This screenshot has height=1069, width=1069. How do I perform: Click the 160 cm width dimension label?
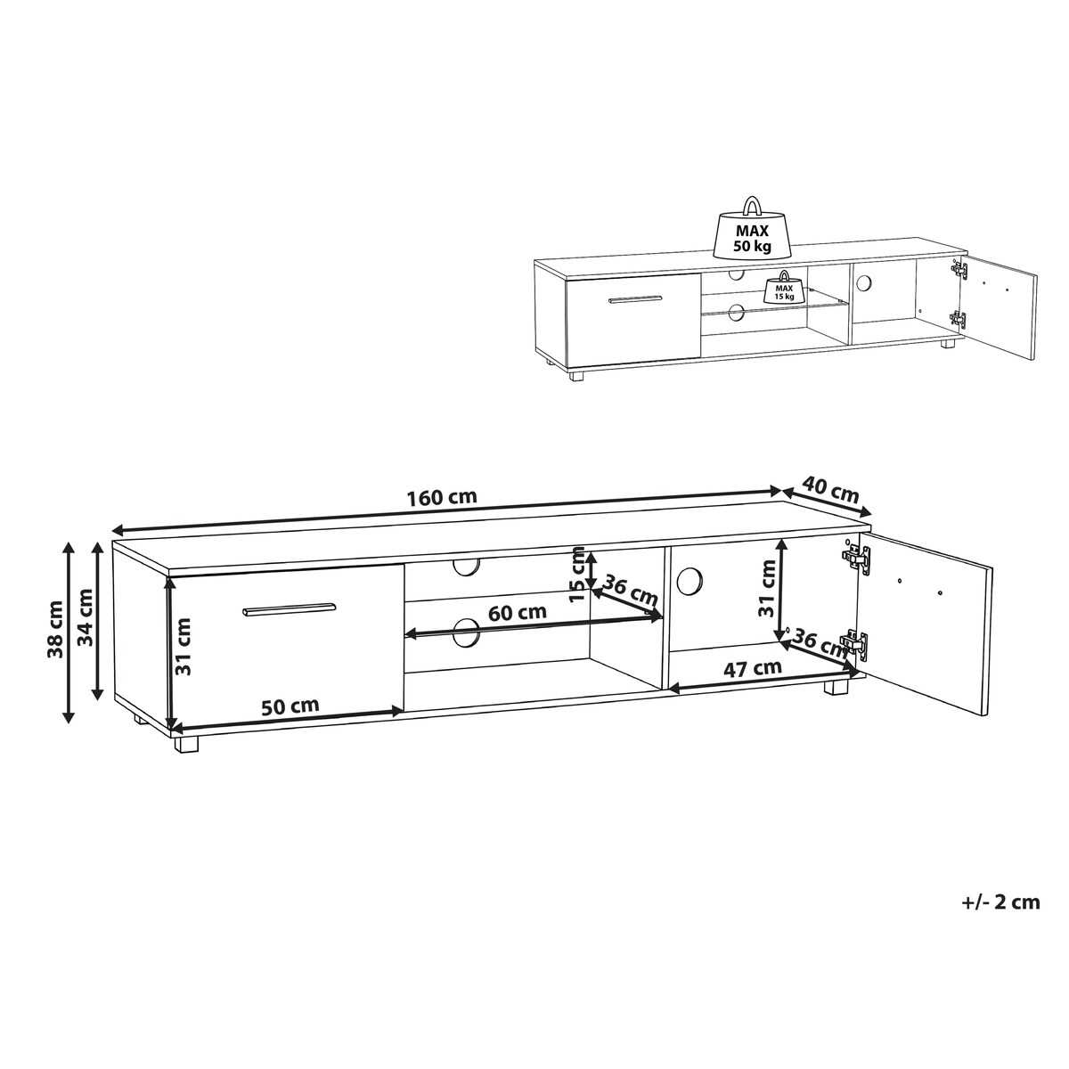pyautogui.click(x=442, y=496)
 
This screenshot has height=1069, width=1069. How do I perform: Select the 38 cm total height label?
pyautogui.click(x=55, y=629)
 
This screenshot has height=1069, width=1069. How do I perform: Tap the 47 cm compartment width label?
pyautogui.click(x=753, y=667)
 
